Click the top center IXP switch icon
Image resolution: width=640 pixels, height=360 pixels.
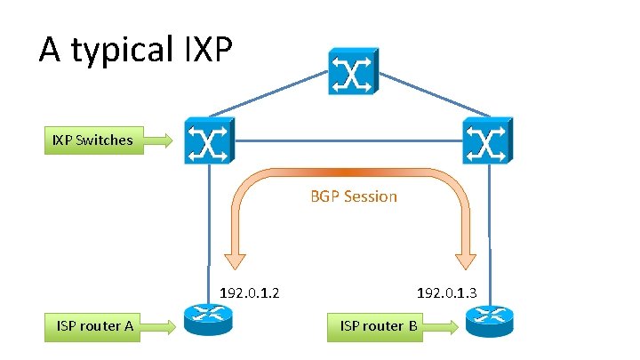click(353, 70)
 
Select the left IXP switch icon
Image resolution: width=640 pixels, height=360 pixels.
click(208, 140)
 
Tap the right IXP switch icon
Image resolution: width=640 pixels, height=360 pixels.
click(486, 140)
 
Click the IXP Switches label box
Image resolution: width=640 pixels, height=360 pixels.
click(92, 140)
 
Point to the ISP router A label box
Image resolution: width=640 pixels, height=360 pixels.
click(95, 325)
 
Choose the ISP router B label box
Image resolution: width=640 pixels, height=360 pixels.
click(379, 325)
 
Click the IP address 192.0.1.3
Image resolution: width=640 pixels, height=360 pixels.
click(447, 292)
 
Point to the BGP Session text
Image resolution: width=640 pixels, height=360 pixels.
click(353, 196)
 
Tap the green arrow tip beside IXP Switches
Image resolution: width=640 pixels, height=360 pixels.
click(168, 140)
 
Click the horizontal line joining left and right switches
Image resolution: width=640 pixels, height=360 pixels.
click(347, 140)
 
